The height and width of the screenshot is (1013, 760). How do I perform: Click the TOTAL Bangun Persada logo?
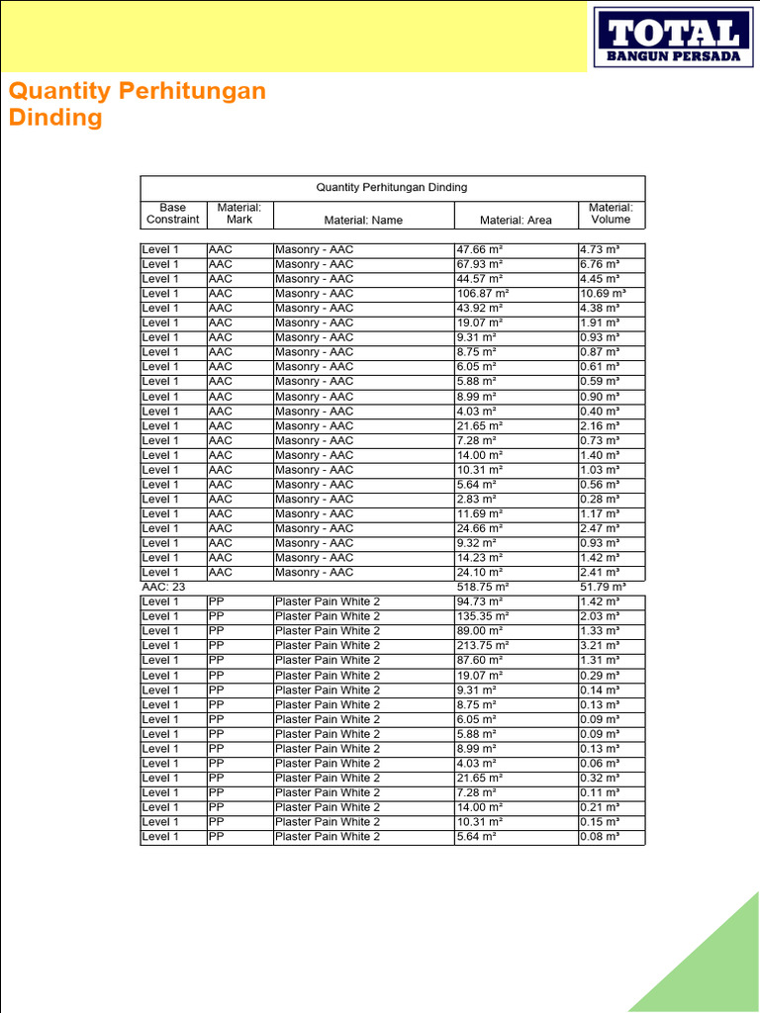(x=673, y=38)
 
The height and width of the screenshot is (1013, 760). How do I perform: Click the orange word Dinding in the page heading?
(x=55, y=118)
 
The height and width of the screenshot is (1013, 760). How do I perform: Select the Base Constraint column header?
(x=172, y=214)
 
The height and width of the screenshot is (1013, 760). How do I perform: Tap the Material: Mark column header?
(x=239, y=214)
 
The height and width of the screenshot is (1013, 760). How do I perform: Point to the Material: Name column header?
(x=363, y=220)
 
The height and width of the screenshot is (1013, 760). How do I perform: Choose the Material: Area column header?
(x=516, y=220)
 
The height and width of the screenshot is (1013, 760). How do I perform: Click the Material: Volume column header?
(x=611, y=214)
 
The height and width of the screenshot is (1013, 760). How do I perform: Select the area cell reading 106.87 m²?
(x=483, y=294)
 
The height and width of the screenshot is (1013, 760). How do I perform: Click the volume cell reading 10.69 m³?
(x=603, y=294)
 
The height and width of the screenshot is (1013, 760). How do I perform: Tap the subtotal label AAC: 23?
(x=164, y=587)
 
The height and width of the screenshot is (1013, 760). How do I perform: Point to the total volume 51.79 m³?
(x=603, y=587)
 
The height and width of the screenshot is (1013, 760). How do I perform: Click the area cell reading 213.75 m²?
(x=483, y=645)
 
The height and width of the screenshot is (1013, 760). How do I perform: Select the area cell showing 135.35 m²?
(x=483, y=616)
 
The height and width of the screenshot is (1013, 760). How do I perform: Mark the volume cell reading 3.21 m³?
(x=600, y=645)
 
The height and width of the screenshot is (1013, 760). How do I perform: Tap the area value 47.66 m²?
(x=480, y=250)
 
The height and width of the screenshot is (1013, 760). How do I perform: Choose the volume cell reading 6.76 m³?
(x=600, y=265)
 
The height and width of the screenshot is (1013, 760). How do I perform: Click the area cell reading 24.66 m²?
(x=480, y=528)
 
